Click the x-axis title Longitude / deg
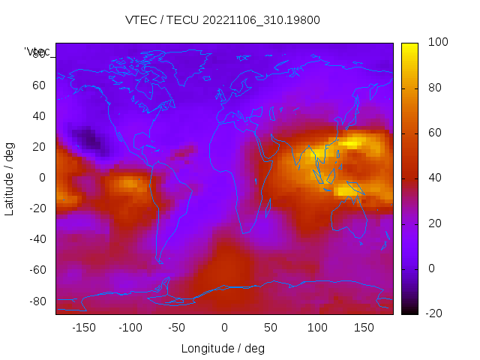[x=223, y=349]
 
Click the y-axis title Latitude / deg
[x=10, y=178]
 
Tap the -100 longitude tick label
[x=130, y=328]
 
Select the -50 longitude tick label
[x=177, y=328]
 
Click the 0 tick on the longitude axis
[x=223, y=328]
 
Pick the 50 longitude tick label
[x=270, y=328]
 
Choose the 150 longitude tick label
[x=364, y=328]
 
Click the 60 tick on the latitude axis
[x=39, y=85]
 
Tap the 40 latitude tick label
[x=39, y=115]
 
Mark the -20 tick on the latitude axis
[x=37, y=208]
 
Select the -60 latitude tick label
[x=37, y=270]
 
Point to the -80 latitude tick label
[x=37, y=301]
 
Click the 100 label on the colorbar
[x=417, y=43]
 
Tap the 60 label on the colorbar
[x=414, y=133]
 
